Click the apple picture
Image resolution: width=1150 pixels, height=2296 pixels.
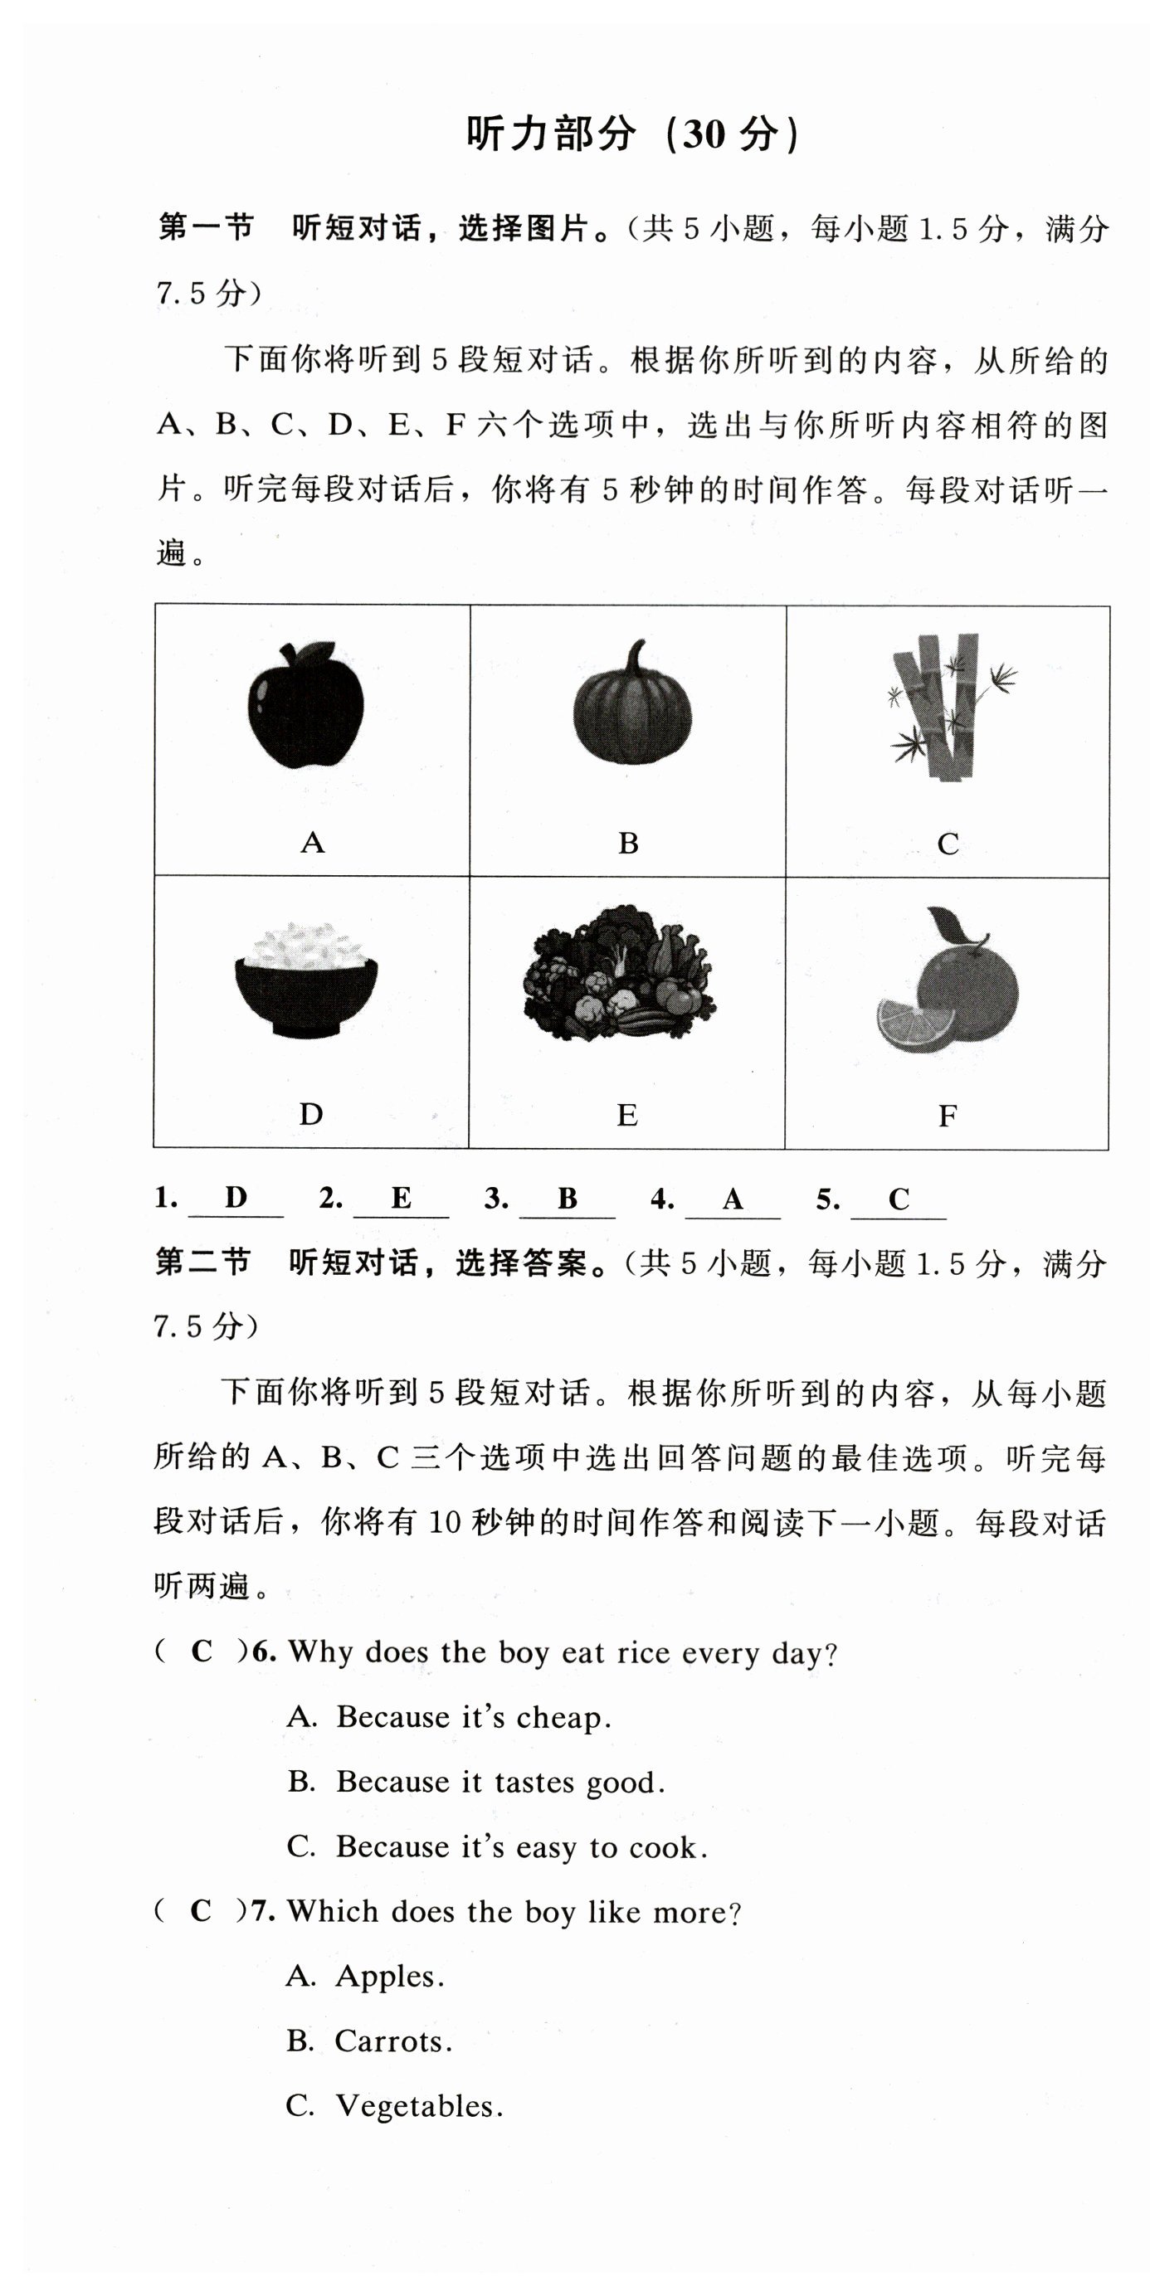tap(306, 705)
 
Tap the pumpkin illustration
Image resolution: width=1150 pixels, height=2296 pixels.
tap(632, 713)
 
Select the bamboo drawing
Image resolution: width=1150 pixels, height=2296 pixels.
tap(948, 706)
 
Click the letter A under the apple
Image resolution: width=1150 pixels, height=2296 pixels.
tap(312, 842)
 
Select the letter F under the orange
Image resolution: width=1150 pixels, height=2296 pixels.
tap(947, 1115)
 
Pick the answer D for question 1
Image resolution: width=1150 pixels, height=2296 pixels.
tap(236, 1197)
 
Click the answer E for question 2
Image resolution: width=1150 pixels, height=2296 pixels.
tap(401, 1198)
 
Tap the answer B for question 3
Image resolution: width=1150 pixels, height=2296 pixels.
tap(567, 1199)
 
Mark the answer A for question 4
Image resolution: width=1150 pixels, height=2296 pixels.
tap(733, 1199)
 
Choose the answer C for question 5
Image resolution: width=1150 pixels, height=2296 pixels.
tap(899, 1199)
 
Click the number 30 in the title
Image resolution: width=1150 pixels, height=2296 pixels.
tap(704, 134)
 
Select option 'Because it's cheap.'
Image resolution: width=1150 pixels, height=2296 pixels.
tap(472, 1718)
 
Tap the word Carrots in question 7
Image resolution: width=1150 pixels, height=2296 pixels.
tap(393, 2041)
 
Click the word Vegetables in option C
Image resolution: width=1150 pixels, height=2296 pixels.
tap(418, 2106)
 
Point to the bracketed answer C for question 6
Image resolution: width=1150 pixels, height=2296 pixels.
tap(202, 1651)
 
